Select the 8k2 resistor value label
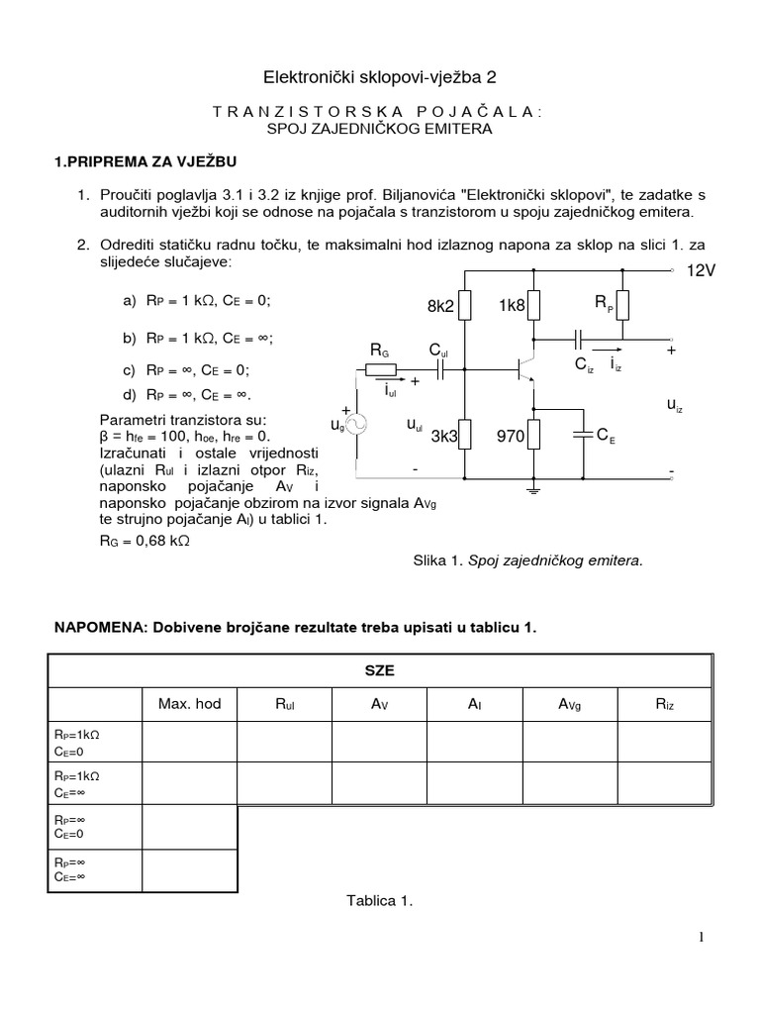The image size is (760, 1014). click(440, 307)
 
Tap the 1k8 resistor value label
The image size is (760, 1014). click(512, 307)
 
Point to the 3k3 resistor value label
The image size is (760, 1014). click(445, 434)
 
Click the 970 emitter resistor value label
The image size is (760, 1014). click(512, 434)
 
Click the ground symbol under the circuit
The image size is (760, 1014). click(534, 488)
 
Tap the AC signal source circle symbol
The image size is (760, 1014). click(355, 423)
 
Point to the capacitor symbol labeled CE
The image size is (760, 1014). click(582, 433)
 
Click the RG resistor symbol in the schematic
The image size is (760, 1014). click(381, 369)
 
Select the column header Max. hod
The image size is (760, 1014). click(189, 704)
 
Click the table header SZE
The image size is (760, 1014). click(379, 669)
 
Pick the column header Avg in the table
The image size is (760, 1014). click(569, 704)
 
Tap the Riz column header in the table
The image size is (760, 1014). click(663, 704)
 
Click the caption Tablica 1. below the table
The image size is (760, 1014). click(379, 901)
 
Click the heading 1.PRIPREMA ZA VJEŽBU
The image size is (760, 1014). click(144, 161)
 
